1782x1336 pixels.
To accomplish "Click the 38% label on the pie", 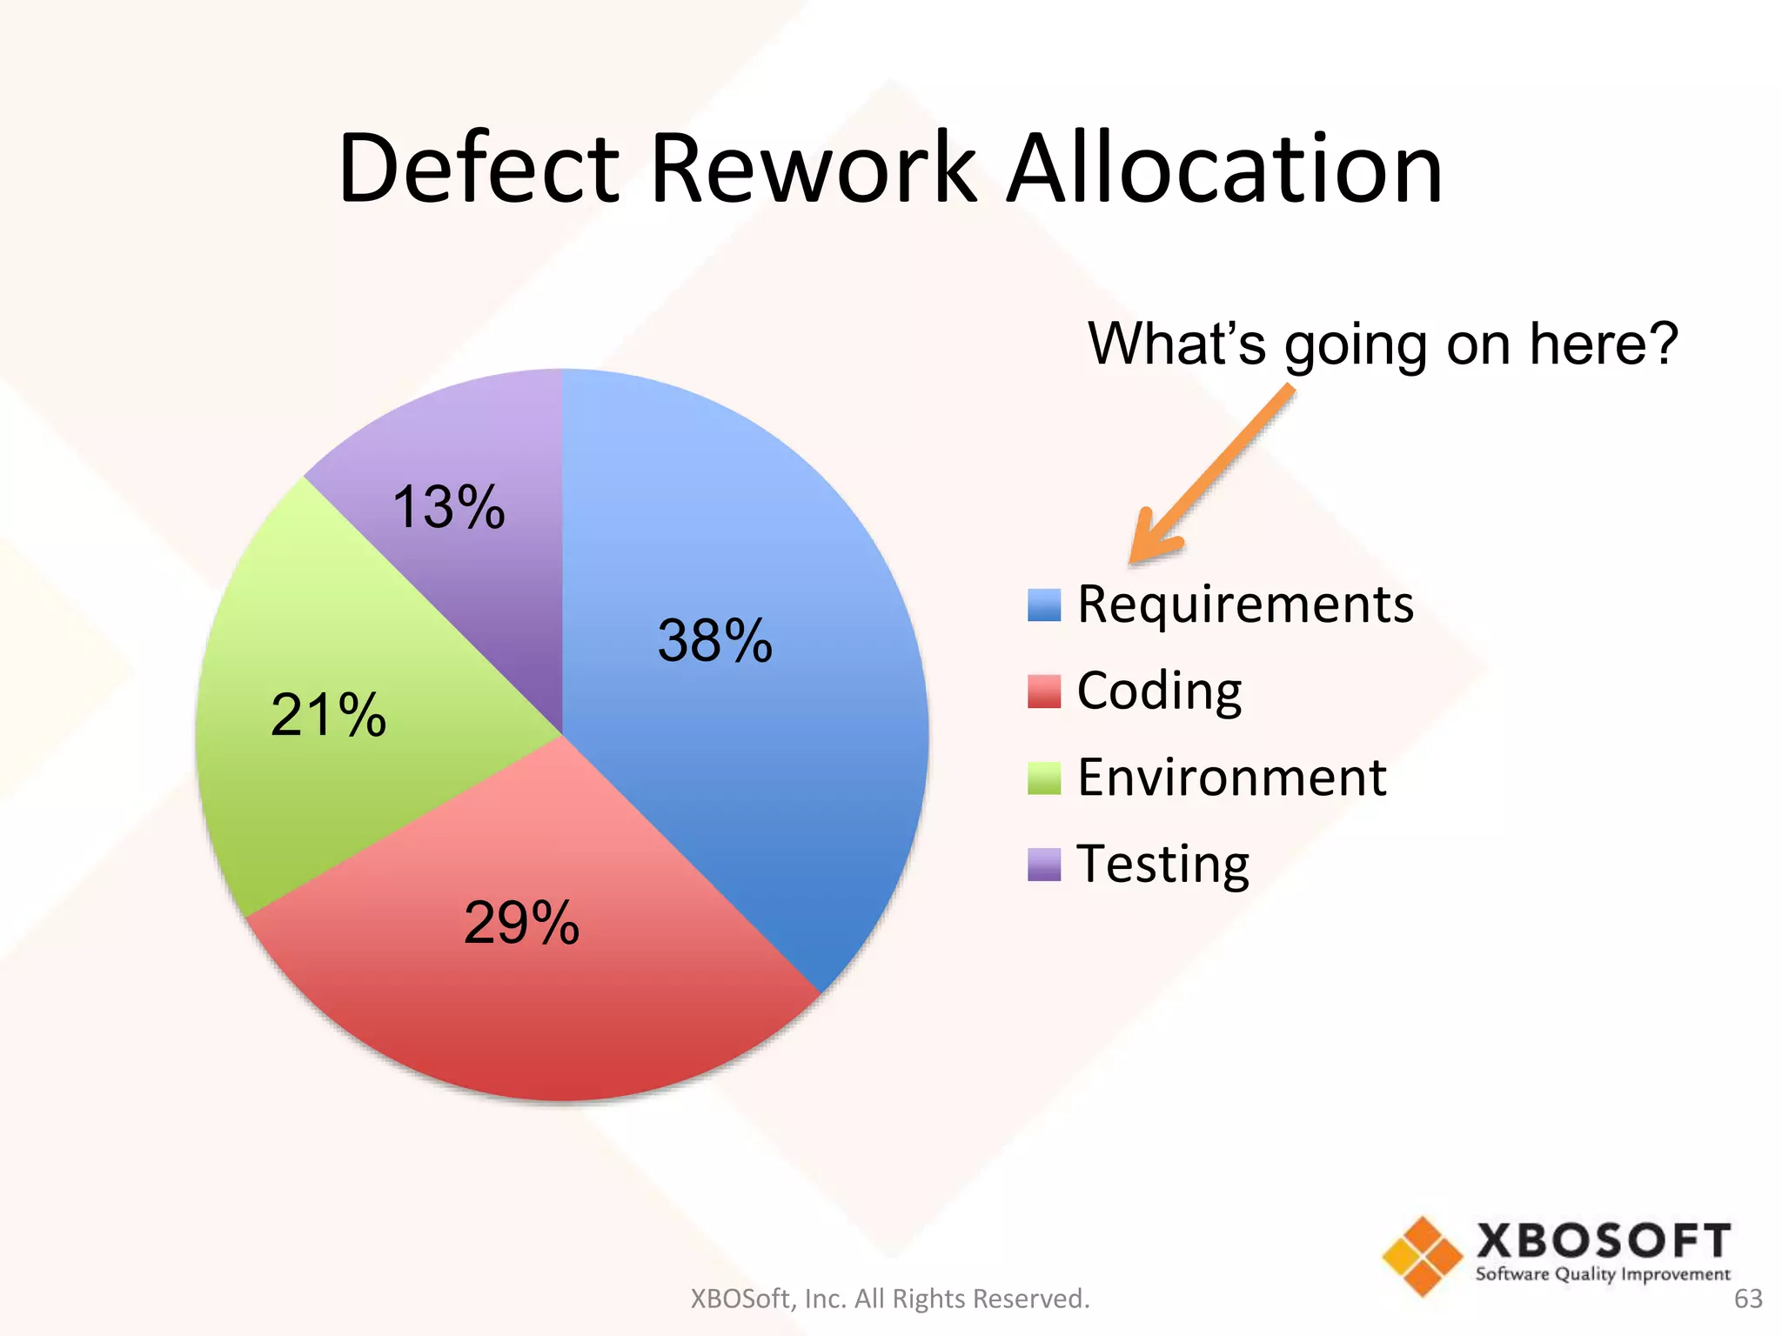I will click(714, 641).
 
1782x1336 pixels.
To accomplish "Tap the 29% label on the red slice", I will click(521, 923).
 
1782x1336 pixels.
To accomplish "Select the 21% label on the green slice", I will click(328, 716).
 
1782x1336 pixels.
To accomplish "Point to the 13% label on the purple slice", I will click(448, 507).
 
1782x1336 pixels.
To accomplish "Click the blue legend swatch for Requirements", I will click(1043, 605).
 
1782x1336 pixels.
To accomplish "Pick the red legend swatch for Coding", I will click(1043, 691).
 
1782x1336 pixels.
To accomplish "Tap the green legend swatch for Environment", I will click(1043, 778).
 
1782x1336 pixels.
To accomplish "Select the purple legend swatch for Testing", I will click(1043, 865).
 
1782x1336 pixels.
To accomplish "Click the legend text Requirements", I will click(1245, 605).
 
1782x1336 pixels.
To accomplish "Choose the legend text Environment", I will click(1231, 778).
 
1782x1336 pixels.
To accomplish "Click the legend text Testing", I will click(1163, 865).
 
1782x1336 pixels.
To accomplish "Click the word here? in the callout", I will click(1603, 344).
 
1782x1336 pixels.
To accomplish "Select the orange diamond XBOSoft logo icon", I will click(1422, 1256).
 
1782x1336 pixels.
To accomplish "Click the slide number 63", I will click(1748, 1299).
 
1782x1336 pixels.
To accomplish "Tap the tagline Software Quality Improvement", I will click(1603, 1274).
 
